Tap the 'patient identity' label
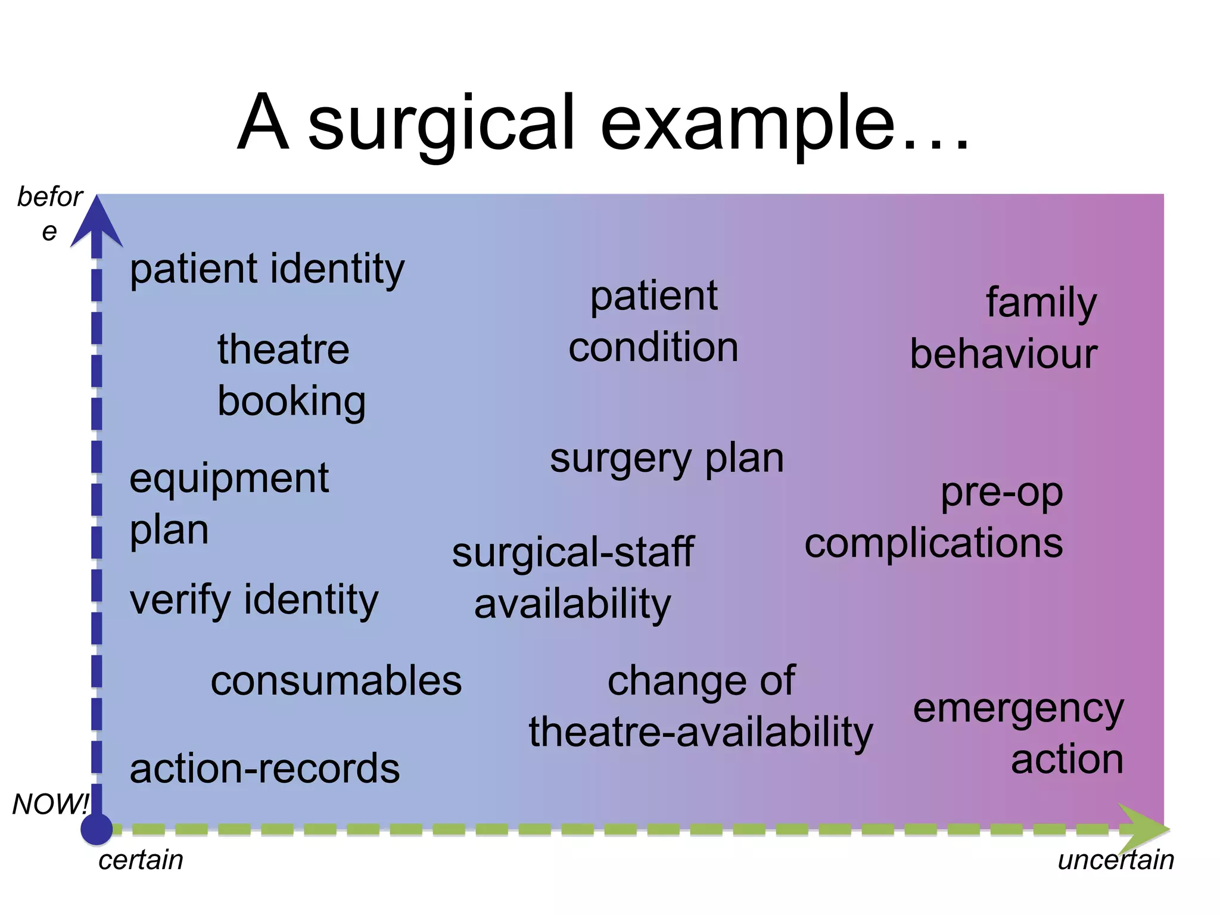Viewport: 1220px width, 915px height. [x=267, y=269]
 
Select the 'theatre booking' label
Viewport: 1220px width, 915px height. [x=291, y=375]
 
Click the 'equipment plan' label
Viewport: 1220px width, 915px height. [x=229, y=503]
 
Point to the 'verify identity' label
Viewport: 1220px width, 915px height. [x=254, y=600]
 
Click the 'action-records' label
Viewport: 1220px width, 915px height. [x=264, y=768]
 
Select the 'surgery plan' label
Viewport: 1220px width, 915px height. [x=667, y=459]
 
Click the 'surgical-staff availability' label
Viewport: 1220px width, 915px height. [x=572, y=578]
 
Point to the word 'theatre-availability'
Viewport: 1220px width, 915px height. [x=701, y=732]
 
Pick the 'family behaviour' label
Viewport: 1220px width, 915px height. [x=1004, y=328]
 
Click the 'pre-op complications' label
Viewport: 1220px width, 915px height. [x=934, y=518]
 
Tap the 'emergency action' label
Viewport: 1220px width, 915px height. [x=1019, y=734]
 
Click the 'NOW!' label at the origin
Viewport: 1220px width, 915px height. [x=50, y=804]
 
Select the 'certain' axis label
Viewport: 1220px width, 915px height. [x=141, y=860]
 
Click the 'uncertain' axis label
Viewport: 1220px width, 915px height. [x=1115, y=860]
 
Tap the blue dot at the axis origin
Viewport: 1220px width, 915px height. [x=97, y=829]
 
